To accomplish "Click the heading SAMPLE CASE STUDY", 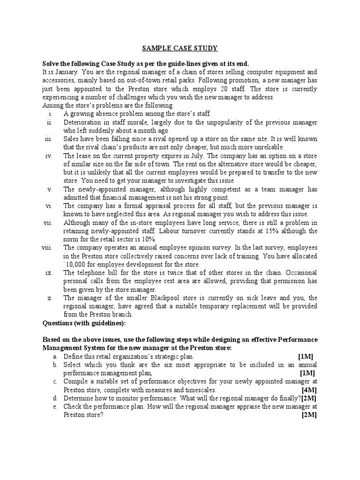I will pos(180,48).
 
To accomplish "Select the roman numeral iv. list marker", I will pos(49,156).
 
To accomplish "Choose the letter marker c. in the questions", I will pos(55,382).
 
